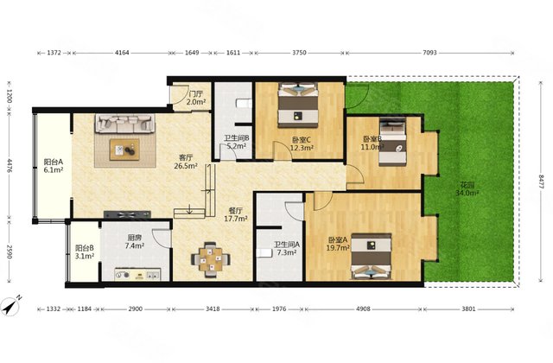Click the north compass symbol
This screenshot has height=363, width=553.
(10, 305)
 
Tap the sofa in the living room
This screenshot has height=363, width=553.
(124, 123)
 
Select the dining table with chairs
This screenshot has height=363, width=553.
(211, 259)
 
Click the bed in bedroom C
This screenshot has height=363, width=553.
(298, 105)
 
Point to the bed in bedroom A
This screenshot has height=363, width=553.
(371, 257)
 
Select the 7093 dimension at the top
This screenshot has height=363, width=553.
(429, 53)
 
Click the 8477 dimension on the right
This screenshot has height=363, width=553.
(542, 181)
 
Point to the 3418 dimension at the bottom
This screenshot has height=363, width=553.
(213, 309)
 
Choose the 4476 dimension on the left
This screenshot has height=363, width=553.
(10, 166)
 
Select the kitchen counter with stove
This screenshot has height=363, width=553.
(137, 275)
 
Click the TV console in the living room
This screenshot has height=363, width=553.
(127, 214)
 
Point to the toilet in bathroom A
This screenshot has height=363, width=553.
(264, 253)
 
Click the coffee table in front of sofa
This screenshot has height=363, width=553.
(124, 150)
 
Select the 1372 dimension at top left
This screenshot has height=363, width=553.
(54, 53)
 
